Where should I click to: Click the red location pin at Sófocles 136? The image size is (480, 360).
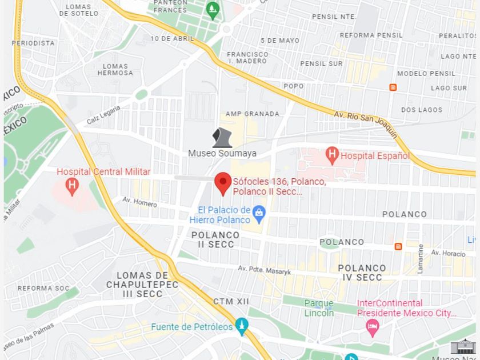223,183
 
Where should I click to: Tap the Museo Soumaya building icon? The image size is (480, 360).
222,138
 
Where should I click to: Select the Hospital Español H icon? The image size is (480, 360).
332,154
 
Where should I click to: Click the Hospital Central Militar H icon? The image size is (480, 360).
71,185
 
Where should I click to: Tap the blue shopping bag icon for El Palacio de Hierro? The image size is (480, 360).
259,214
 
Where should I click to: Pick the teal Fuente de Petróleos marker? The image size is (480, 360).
241,326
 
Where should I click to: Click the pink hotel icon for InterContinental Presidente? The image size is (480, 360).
372,328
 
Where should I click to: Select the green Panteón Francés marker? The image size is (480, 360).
213,10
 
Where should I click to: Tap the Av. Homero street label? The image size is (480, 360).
139,201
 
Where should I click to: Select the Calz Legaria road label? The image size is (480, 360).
103,115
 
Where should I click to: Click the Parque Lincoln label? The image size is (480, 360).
319,308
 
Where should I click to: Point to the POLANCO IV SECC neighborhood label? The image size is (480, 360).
361,273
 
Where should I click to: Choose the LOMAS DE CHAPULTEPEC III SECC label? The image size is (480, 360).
142,285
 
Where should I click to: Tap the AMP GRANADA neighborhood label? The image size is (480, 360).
253,114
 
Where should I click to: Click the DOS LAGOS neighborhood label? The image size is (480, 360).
422,110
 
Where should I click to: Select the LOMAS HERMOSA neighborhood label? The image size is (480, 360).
115,69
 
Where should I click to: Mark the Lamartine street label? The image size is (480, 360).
421,258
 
